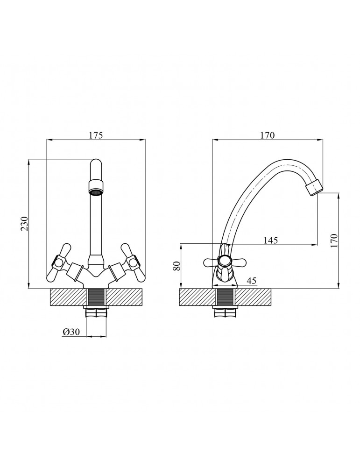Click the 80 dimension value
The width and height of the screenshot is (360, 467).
[176, 267]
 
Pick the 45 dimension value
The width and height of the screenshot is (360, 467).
[251, 281]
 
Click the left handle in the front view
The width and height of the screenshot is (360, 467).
[59, 263]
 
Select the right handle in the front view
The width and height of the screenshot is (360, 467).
[132, 263]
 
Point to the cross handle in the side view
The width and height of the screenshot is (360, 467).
[225, 262]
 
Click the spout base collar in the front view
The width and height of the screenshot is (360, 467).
[96, 260]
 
